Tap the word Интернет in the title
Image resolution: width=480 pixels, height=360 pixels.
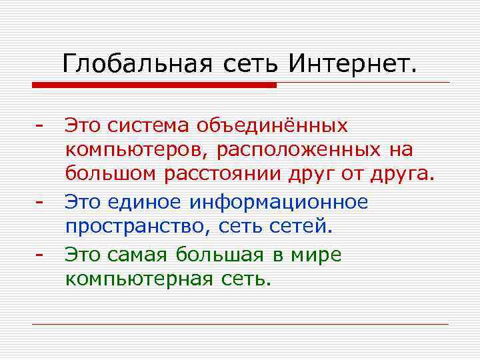(x=353, y=64)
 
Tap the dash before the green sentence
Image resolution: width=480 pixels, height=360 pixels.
(x=40, y=254)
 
